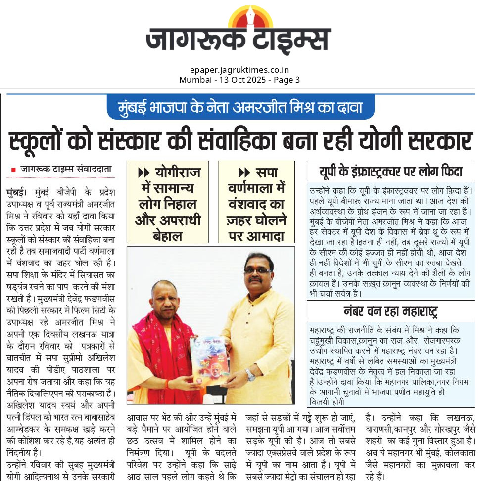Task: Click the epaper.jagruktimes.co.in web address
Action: pyautogui.click(x=239, y=70)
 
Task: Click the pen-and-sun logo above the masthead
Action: pyautogui.click(x=250, y=17)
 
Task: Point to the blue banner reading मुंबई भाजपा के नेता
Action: pyautogui.click(x=240, y=107)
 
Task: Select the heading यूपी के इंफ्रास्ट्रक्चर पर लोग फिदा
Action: pyautogui.click(x=391, y=172)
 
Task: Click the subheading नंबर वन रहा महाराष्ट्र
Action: pyautogui.click(x=391, y=312)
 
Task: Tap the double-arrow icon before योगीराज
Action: pyautogui.click(x=143, y=173)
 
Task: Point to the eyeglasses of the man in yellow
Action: pyautogui.click(x=258, y=271)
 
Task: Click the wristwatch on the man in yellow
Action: pyautogui.click(x=250, y=374)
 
